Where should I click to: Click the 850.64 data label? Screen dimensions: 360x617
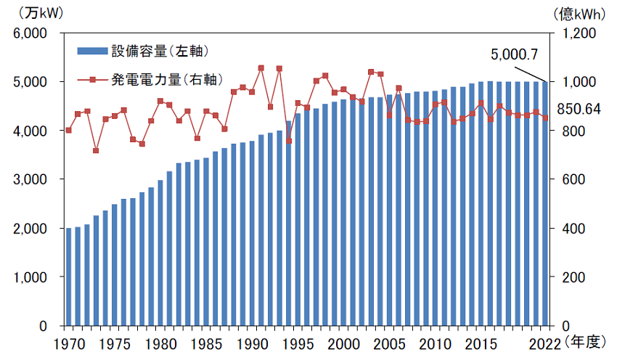[578, 109]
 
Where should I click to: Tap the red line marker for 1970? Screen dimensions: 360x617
[69, 130]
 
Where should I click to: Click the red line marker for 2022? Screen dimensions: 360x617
[545, 118]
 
